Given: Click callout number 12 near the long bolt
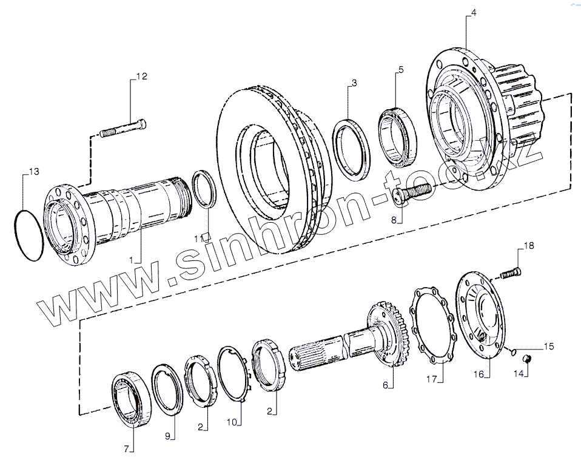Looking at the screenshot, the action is pos(142,76).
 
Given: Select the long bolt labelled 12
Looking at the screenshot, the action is pos(123,128).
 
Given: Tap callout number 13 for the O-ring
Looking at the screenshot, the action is pos(34,172).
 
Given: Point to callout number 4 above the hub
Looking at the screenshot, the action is pos(474,12).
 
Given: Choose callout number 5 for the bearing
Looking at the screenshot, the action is pos(401,70).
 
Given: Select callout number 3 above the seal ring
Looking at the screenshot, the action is pos(354,83).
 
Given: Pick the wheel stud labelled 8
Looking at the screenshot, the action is pos(412,193).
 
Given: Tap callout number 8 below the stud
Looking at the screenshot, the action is pos(394,220).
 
